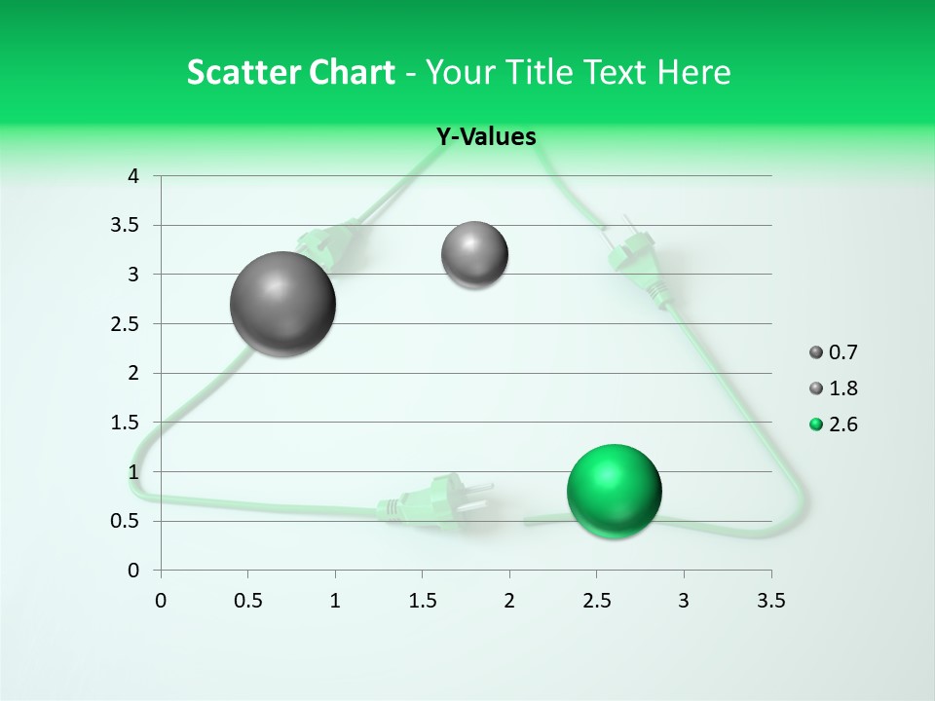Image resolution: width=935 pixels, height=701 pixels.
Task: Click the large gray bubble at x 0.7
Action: (283, 304)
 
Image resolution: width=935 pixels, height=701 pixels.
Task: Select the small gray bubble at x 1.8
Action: (474, 255)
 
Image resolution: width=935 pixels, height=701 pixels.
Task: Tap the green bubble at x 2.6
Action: (614, 491)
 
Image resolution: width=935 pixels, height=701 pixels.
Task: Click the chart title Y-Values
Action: (485, 137)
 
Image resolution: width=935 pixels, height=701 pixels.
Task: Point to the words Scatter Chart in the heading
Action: (290, 72)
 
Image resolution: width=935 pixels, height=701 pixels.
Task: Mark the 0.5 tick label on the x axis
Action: (247, 601)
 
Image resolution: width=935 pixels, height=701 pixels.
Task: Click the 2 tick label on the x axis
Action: (509, 601)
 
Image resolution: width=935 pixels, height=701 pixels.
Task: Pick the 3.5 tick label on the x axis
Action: (770, 601)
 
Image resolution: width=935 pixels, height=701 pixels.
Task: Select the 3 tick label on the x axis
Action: (684, 601)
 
